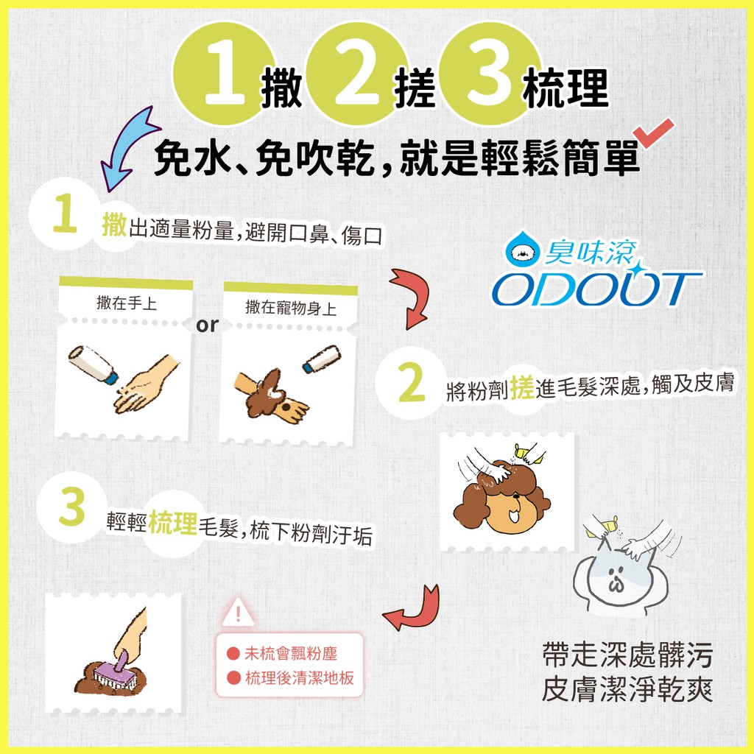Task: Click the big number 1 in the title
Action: coord(225,72)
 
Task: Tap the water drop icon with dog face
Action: coord(524,248)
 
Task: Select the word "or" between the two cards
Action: coord(207,325)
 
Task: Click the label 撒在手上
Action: coord(127,303)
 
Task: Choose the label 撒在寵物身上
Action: coord(290,308)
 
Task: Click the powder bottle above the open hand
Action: coord(92,364)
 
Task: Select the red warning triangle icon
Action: coord(238,613)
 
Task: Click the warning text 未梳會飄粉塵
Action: coord(290,654)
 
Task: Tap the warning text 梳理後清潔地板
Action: coord(299,678)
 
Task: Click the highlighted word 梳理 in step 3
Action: coord(172,522)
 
